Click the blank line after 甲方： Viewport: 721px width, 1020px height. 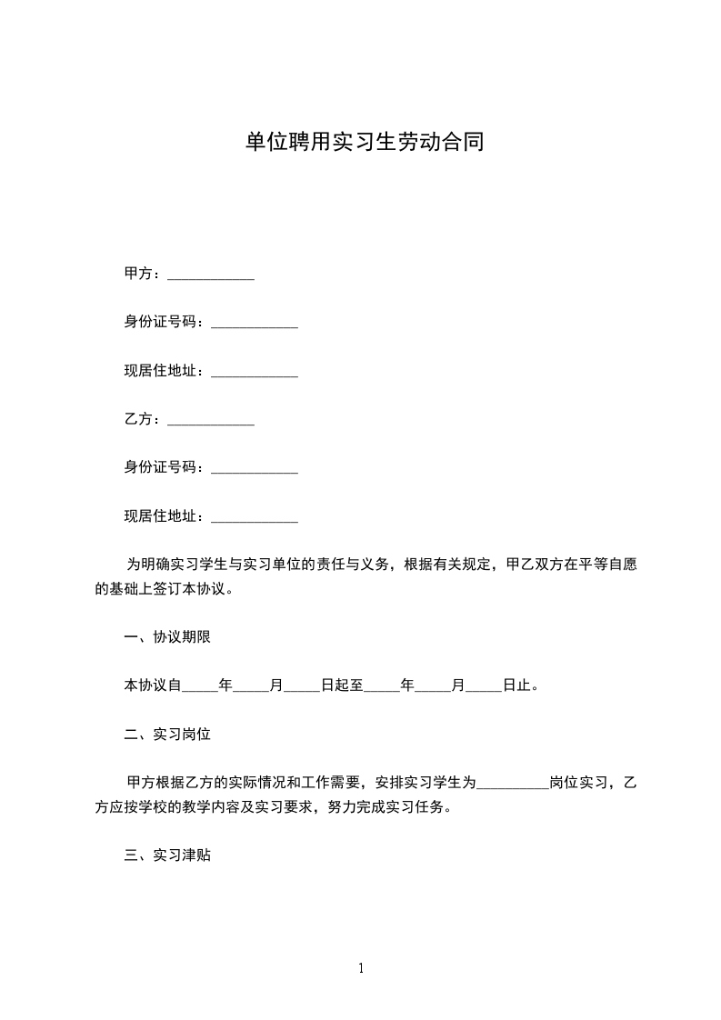pyautogui.click(x=211, y=275)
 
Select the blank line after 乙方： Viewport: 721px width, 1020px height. pyautogui.click(x=211, y=421)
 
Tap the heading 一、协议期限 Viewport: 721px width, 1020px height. pyautogui.click(x=167, y=637)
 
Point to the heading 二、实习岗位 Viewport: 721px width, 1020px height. pyautogui.click(x=167, y=734)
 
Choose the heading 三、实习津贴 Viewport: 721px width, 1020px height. pyautogui.click(x=167, y=855)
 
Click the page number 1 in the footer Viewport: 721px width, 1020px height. pyautogui.click(x=361, y=968)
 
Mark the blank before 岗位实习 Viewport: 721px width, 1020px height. pyautogui.click(x=513, y=784)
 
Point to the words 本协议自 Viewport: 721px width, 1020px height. pyautogui.click(x=153, y=685)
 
